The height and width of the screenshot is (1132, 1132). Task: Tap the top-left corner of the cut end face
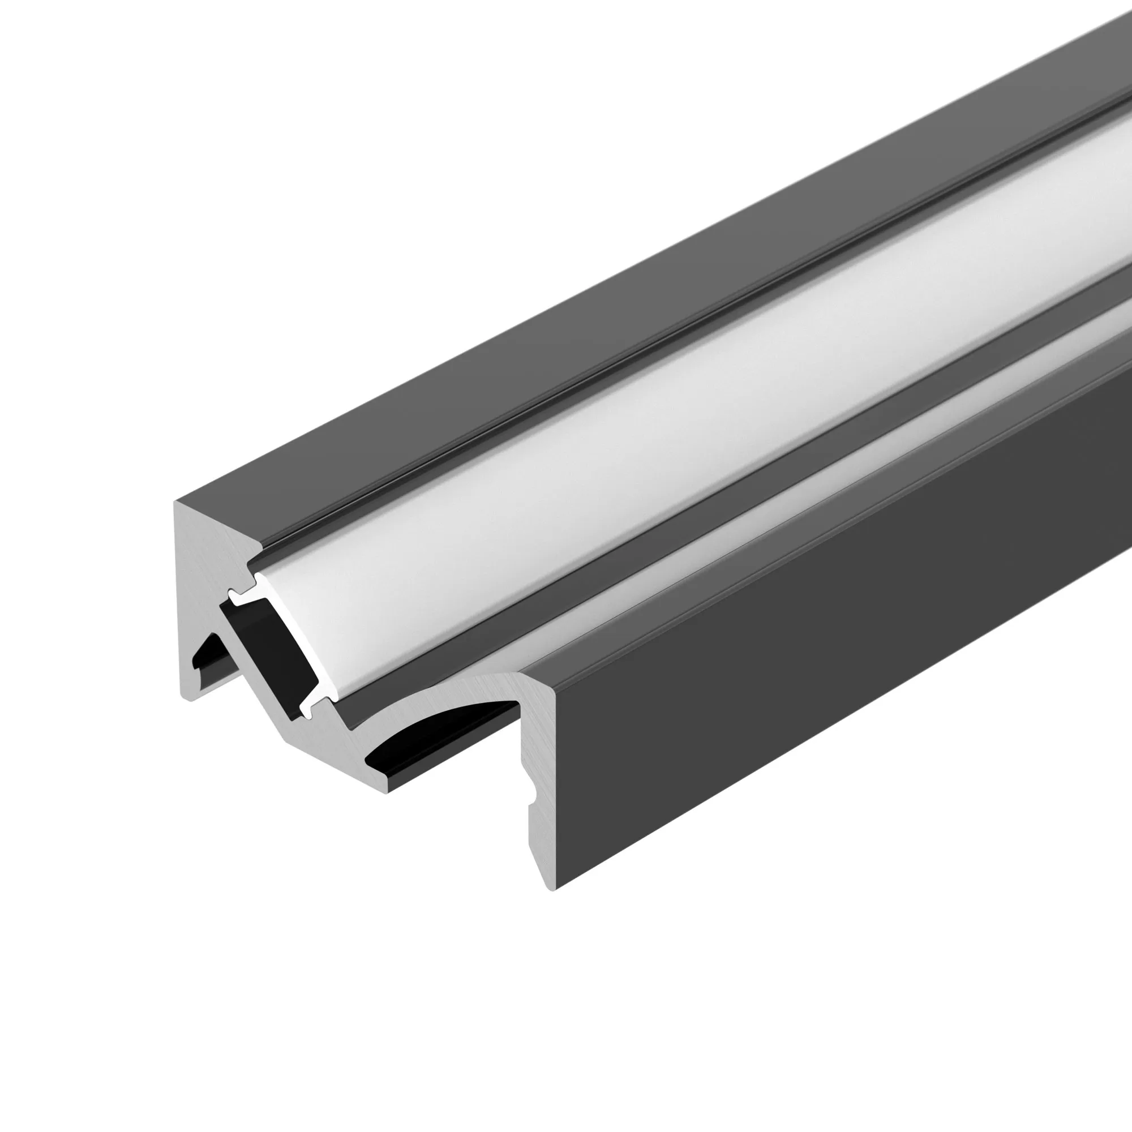176,501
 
